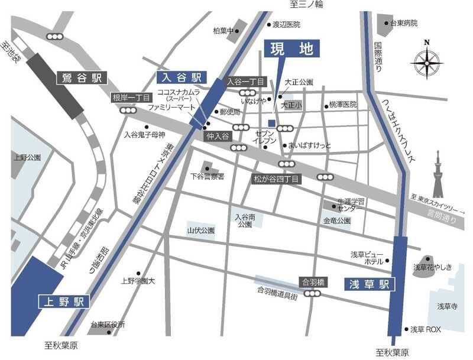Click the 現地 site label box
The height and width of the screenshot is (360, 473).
pyautogui.click(x=291, y=49)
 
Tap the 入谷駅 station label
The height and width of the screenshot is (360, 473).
pyautogui.click(x=180, y=77)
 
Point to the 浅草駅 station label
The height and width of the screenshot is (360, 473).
pyautogui.click(x=368, y=284)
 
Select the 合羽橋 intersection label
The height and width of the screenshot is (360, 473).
pyautogui.click(x=313, y=282)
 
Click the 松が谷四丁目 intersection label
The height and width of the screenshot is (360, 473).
pyautogui.click(x=277, y=178)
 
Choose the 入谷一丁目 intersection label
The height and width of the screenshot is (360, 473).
pyautogui.click(x=244, y=82)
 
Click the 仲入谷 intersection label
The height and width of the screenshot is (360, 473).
pyautogui.click(x=216, y=136)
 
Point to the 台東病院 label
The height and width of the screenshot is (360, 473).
pyautogui.click(x=404, y=23)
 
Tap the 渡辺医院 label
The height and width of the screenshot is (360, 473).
pyautogui.click(x=286, y=24)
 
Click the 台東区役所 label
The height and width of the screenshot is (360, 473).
pyautogui.click(x=108, y=325)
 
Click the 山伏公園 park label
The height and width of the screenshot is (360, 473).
pyautogui.click(x=200, y=230)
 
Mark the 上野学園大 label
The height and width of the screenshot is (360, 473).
pyautogui.click(x=138, y=280)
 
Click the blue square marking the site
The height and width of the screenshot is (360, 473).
pyautogui.click(x=271, y=123)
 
